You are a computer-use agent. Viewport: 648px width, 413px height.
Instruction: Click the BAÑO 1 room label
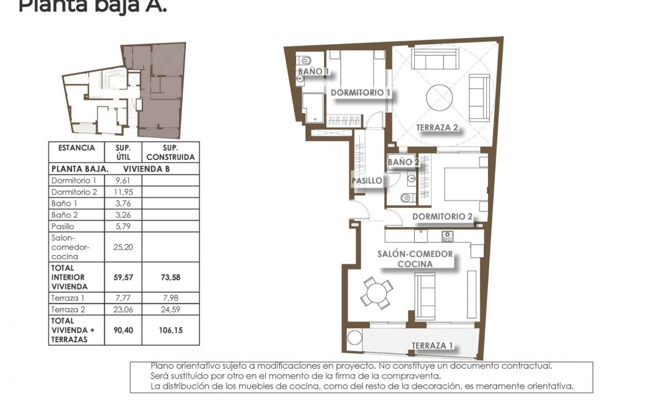coord(312,71)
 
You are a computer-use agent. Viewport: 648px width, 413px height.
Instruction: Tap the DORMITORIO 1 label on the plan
coord(360,93)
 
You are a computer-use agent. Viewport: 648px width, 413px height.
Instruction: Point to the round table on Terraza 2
coord(440,97)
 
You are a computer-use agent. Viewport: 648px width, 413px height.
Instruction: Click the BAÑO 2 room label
coord(403,162)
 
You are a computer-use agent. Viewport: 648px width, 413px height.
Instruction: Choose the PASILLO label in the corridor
coord(367,180)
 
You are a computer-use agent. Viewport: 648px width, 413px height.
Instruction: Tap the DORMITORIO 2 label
coord(442,217)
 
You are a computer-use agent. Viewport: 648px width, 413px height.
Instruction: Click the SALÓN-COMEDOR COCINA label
coord(415,259)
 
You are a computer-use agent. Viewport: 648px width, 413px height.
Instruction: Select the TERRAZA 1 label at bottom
coord(432,346)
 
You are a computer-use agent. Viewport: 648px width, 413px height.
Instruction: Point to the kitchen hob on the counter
coord(448,236)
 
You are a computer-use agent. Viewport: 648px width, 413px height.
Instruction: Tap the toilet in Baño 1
coord(305,60)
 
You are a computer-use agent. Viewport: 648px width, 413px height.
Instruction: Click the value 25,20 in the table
coord(123,247)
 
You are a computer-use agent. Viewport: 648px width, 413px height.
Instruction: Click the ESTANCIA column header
coord(76,148)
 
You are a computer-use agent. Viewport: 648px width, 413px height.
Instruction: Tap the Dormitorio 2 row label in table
coord(74,192)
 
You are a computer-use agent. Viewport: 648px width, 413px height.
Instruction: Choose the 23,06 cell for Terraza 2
coord(123,309)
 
